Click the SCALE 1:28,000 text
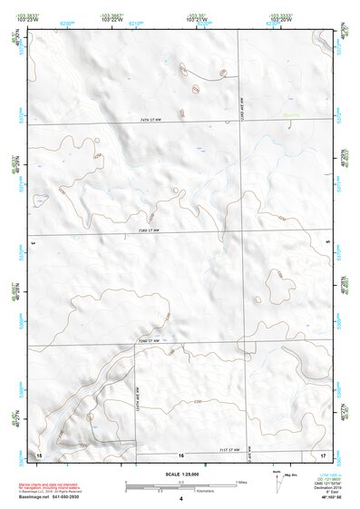(181, 474)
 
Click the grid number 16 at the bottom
(181, 454)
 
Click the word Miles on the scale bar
(241, 481)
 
